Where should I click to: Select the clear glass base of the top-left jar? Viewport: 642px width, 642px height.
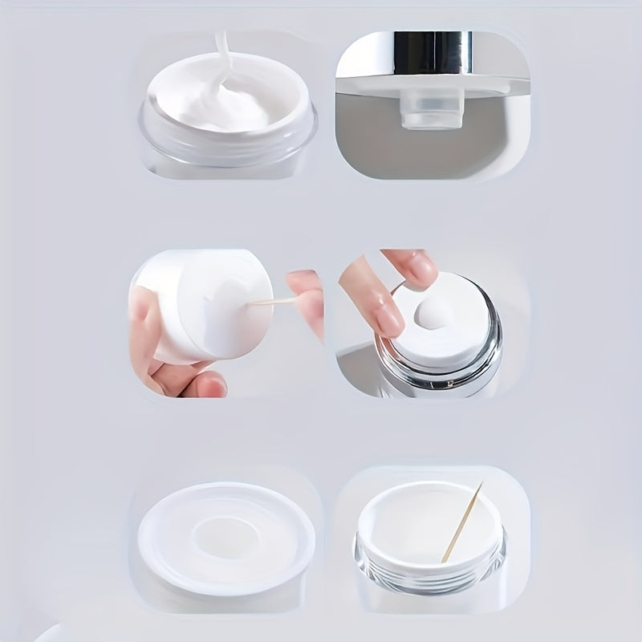(x=229, y=152)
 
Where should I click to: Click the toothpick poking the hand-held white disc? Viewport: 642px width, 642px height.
(x=268, y=302)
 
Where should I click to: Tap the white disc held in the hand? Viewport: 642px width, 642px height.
(x=209, y=309)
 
